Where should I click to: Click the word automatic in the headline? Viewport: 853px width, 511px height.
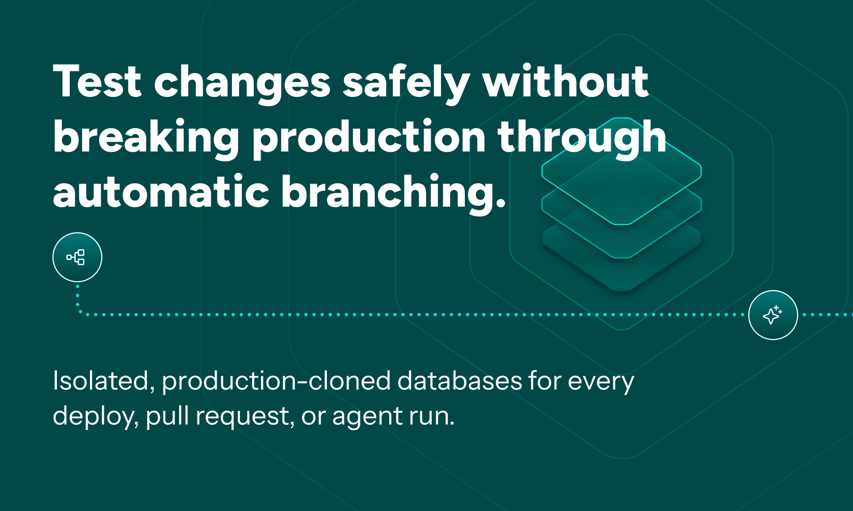161,192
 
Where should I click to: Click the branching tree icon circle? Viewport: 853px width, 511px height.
77,257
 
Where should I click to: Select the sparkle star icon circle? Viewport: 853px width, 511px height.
773,315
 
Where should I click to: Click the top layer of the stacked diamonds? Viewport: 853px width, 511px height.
622,170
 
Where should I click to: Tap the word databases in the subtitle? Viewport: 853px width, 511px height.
459,381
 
